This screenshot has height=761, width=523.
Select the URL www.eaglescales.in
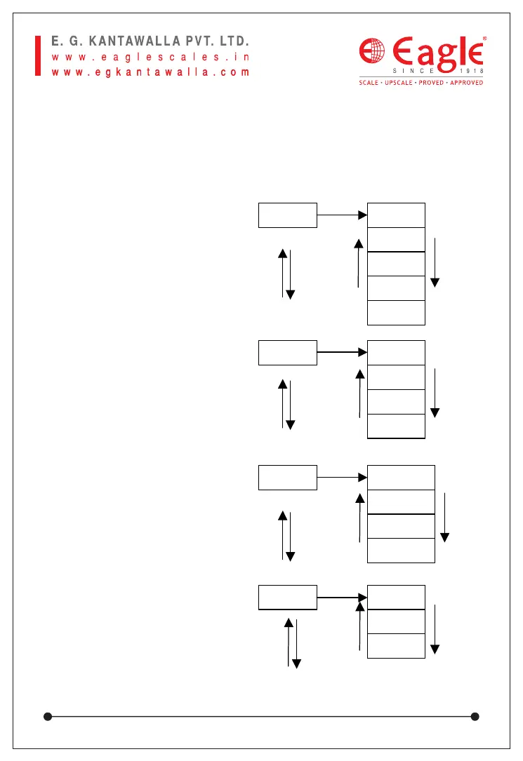point(151,56)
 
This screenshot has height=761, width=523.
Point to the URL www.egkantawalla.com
point(151,72)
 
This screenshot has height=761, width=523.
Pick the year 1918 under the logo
point(472,71)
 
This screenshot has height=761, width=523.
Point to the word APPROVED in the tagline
point(465,83)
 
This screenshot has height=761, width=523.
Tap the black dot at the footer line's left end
point(48,716)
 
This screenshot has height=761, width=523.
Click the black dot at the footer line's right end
point(475,716)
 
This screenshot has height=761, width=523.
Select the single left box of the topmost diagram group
point(288,215)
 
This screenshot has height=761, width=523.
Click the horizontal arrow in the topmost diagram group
point(342,215)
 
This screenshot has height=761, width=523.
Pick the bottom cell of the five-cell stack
point(396,313)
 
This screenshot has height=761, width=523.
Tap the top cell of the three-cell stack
point(396,598)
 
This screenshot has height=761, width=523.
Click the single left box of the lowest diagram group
point(288,598)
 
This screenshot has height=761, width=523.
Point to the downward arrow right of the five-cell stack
point(435,262)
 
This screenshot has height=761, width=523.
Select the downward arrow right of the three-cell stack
point(435,628)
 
